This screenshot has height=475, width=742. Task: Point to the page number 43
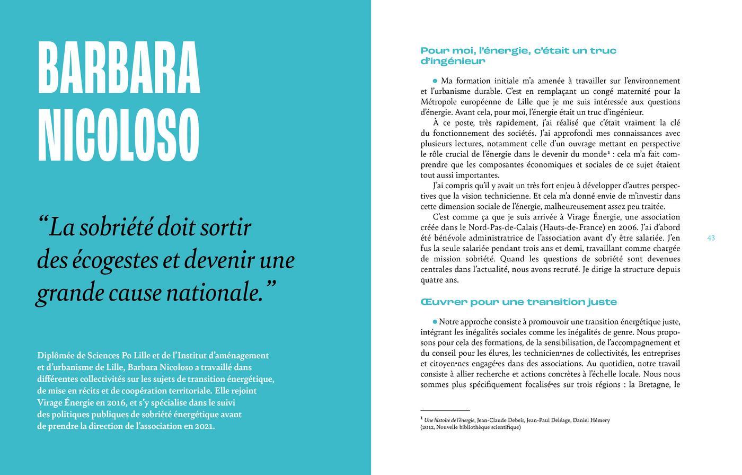711,238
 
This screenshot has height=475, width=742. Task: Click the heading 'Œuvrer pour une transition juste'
518,302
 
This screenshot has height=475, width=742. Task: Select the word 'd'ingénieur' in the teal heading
453,61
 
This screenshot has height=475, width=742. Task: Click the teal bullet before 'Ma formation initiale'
435,81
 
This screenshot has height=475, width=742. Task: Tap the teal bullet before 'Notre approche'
435,321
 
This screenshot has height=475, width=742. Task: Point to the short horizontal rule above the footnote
445,410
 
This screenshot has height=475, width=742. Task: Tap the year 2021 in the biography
204,426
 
